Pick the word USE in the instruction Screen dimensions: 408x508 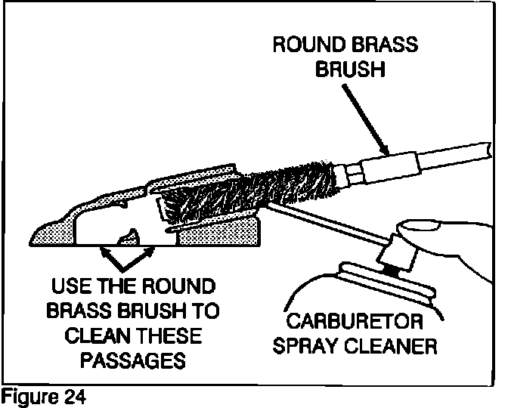pos(70,288)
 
